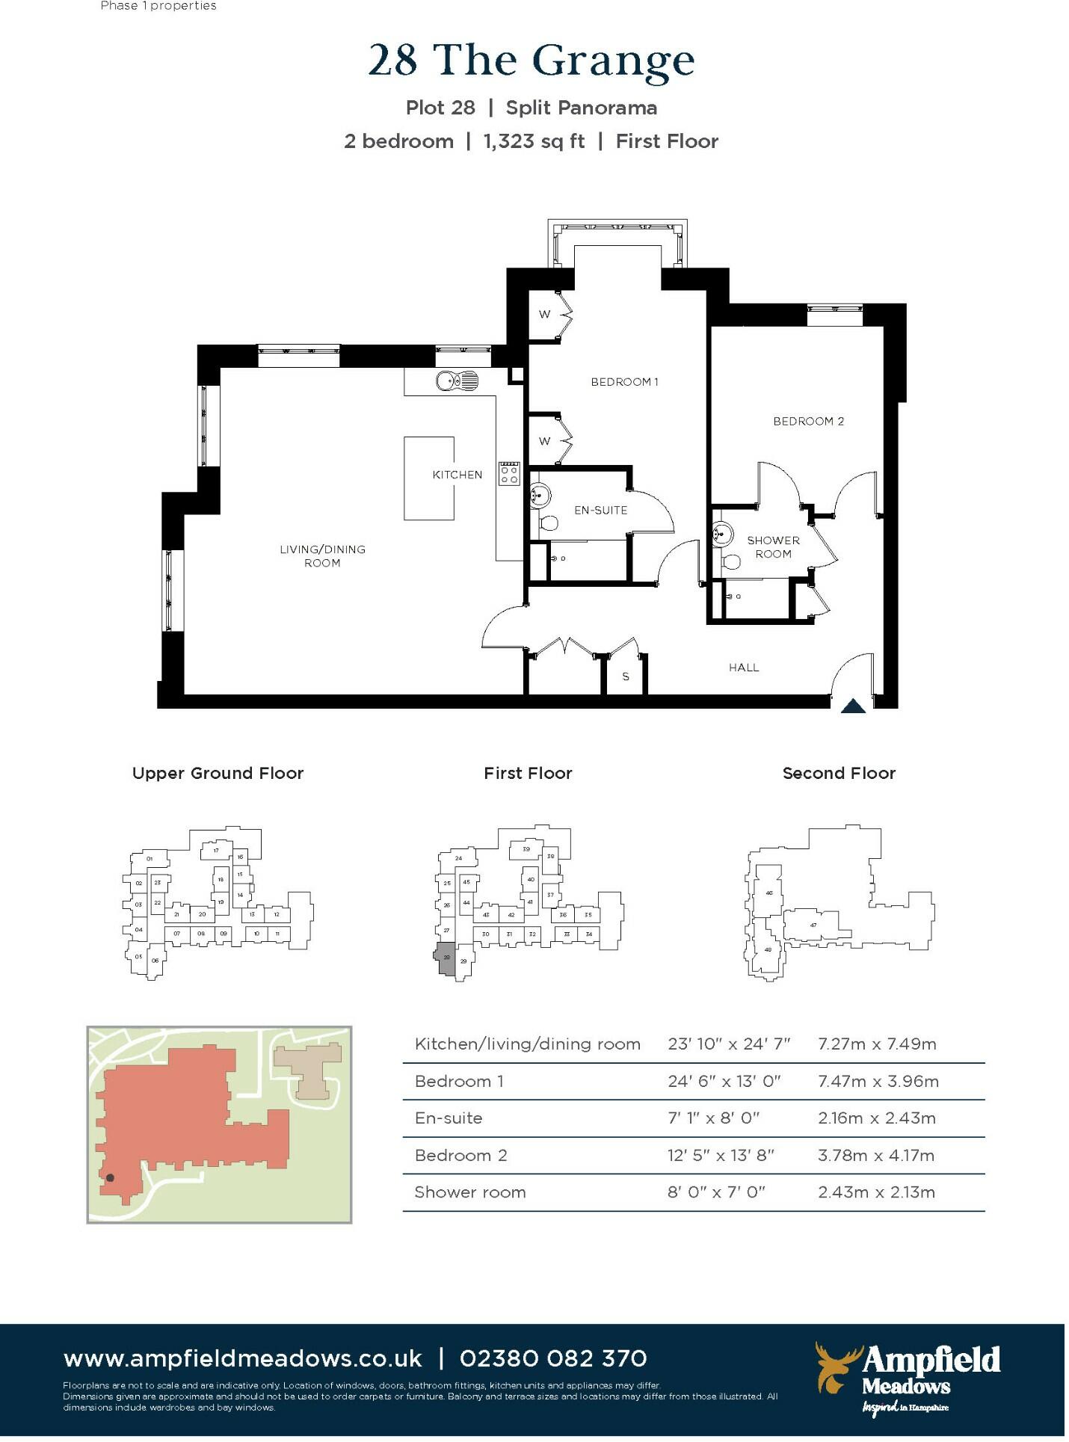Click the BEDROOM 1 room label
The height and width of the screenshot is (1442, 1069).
click(624, 382)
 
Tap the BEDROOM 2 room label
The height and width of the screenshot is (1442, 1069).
click(808, 422)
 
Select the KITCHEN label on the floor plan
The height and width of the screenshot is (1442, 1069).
click(457, 475)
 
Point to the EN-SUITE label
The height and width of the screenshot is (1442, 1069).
click(600, 511)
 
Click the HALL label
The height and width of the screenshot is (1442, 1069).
click(744, 668)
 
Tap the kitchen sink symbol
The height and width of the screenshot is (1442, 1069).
click(457, 381)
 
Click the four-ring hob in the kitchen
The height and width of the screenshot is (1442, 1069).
click(509, 474)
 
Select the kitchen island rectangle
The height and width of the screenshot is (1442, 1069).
click(429, 478)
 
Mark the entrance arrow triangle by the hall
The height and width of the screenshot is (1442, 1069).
click(853, 706)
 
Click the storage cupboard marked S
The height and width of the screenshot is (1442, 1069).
click(626, 676)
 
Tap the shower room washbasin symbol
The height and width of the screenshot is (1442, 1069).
click(721, 534)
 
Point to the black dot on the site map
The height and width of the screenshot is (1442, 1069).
click(110, 1178)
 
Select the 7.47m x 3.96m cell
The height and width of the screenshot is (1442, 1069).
click(878, 1081)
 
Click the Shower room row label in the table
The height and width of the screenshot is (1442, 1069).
click(469, 1192)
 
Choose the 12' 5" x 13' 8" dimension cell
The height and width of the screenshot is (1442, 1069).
click(721, 1155)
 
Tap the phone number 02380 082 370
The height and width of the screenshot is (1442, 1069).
click(553, 1358)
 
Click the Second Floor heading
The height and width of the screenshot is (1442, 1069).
click(838, 773)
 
